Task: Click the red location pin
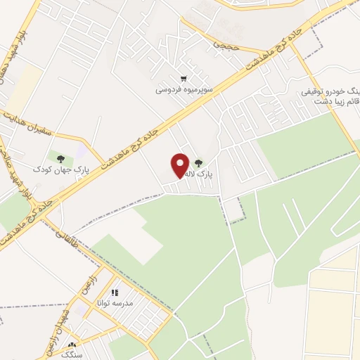point(181,165)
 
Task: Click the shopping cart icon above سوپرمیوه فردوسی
point(184,79)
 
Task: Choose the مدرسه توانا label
point(119,303)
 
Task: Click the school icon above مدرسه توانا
point(115,292)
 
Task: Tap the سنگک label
point(72,356)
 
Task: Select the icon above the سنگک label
point(72,345)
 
